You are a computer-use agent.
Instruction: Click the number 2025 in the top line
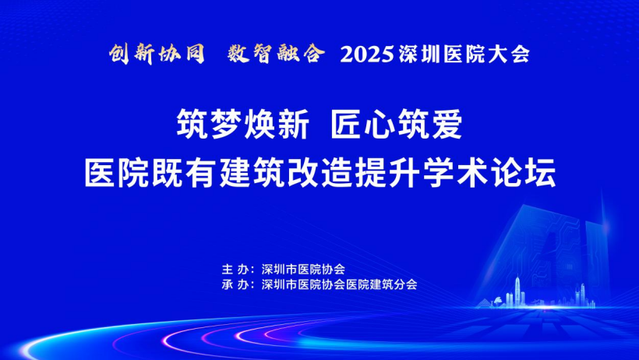tap(367, 55)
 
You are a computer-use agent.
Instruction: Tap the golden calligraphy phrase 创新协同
tap(157, 54)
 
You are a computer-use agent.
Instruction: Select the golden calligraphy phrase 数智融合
tap(277, 54)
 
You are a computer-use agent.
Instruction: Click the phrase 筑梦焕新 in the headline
tap(242, 125)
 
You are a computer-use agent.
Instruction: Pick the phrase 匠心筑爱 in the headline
tap(396, 125)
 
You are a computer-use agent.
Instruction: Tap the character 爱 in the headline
tap(447, 125)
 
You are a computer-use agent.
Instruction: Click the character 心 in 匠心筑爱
tap(380, 125)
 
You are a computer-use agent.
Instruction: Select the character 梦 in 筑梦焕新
tap(226, 125)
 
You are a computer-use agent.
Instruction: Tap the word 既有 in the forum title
tap(185, 173)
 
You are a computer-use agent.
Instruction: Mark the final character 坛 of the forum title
tap(540, 173)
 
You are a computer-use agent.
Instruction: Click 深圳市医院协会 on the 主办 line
tap(303, 270)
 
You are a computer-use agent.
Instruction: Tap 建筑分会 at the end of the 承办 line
tap(394, 284)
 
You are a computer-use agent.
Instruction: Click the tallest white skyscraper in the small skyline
tap(517, 291)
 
